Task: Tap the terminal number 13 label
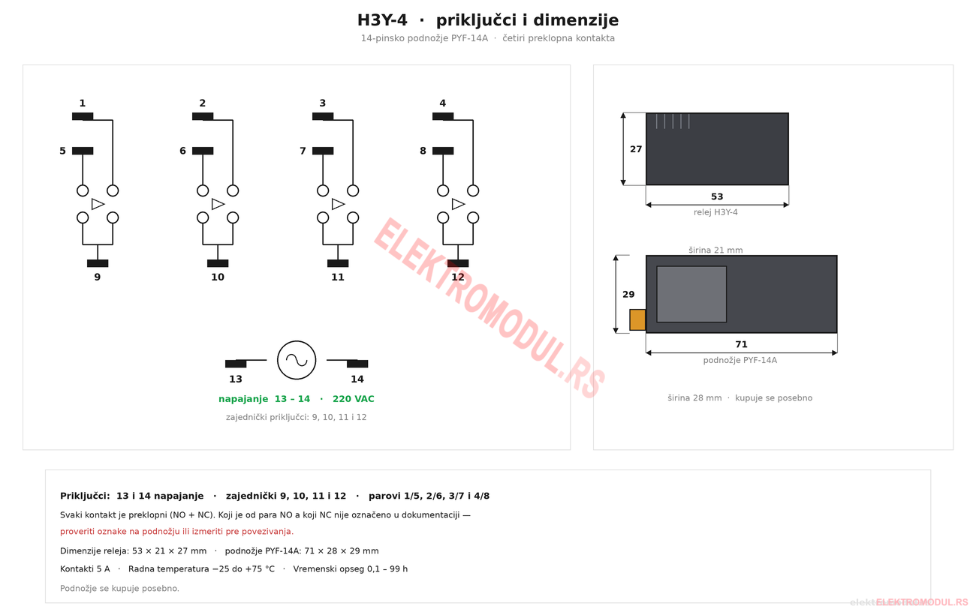[235, 379]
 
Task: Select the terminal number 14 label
[357, 379]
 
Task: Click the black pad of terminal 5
[83, 151]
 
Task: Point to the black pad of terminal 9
[98, 263]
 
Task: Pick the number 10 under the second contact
[218, 277]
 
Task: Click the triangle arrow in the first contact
[98, 204]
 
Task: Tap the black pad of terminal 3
[323, 116]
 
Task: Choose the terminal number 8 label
[423, 151]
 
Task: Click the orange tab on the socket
[637, 319]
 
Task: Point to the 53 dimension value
[717, 196]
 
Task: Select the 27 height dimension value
[636, 149]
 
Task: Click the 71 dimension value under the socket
[741, 344]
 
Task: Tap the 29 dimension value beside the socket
[628, 295]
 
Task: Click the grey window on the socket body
[691, 294]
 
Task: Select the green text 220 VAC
[354, 399]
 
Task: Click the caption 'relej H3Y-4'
[715, 212]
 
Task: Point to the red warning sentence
[177, 532]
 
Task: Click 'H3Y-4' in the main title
[382, 20]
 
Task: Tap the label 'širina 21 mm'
[715, 250]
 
